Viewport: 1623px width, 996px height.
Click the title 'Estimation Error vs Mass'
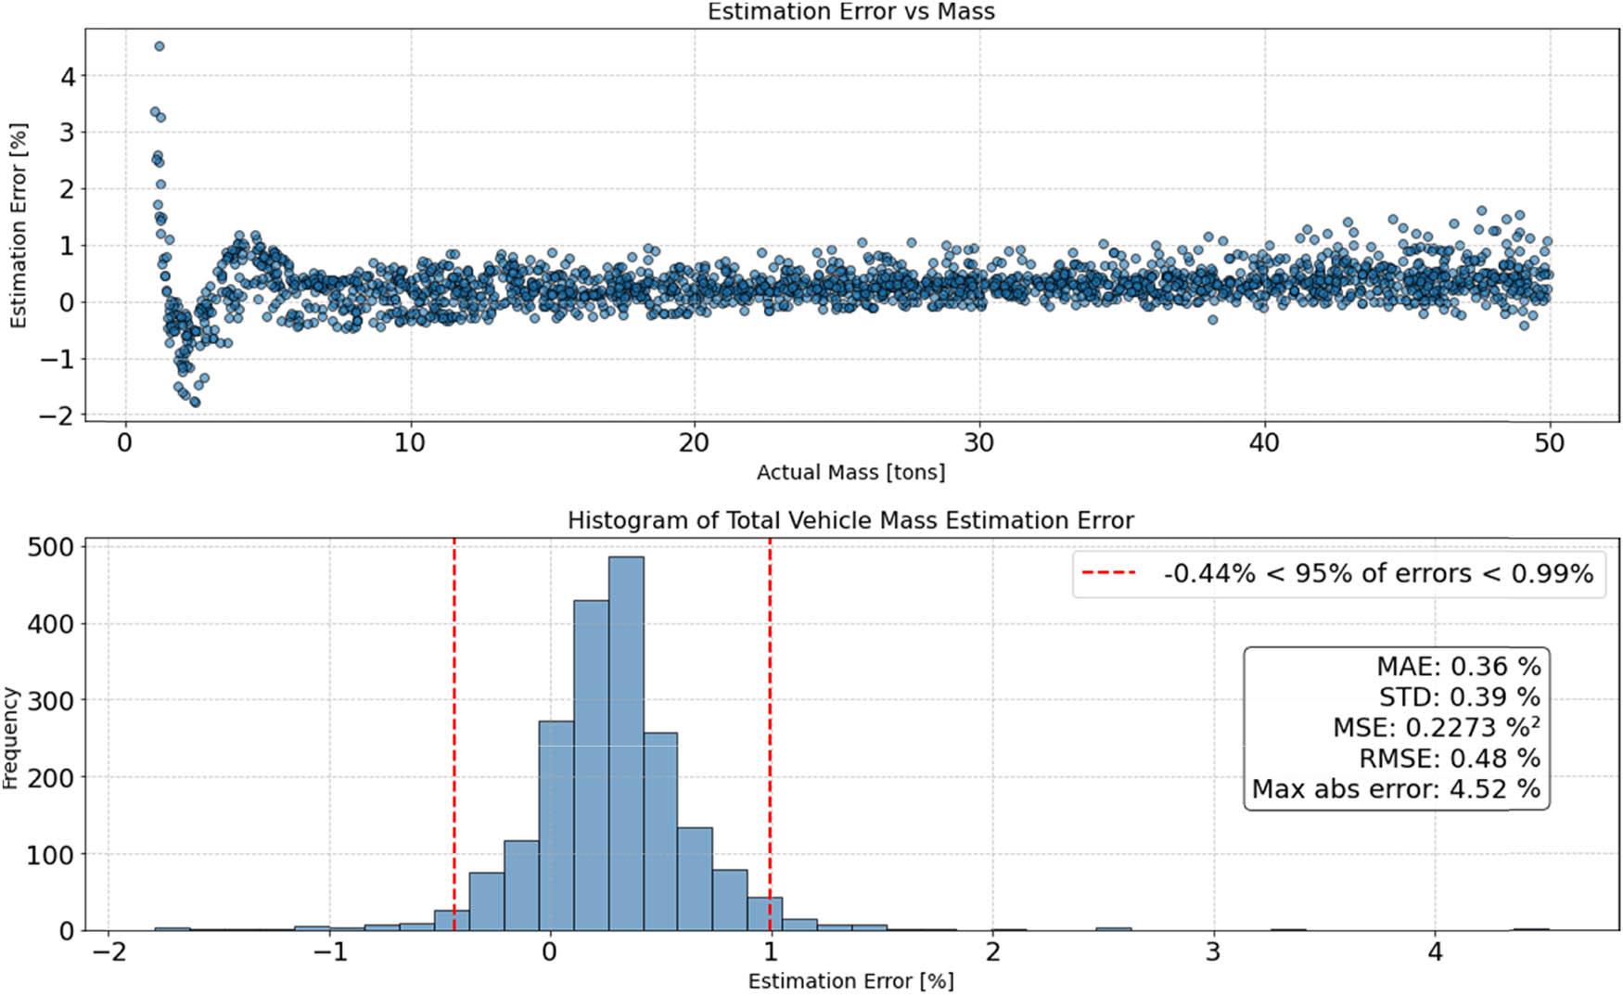[x=850, y=12]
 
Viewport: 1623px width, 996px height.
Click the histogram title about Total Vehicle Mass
[x=850, y=521]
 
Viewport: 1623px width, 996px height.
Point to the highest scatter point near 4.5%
[x=160, y=46]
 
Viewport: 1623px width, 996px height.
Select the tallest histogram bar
[x=626, y=742]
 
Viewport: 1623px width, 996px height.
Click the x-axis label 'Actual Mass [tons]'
[x=850, y=473]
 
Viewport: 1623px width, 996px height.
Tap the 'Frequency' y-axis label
[x=11, y=738]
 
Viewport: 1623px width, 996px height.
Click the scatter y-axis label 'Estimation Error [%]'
[x=19, y=225]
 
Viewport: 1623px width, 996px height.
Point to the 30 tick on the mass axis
[x=978, y=443]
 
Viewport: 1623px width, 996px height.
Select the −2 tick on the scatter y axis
[x=56, y=416]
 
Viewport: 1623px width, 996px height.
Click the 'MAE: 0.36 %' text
[x=1458, y=666]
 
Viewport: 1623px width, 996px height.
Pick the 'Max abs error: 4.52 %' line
[x=1396, y=789]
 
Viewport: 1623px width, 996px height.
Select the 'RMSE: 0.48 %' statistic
[x=1449, y=759]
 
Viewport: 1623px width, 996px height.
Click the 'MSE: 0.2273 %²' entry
[x=1436, y=727]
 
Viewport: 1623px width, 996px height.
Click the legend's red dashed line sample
[x=1109, y=573]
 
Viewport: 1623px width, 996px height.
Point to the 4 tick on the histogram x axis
[x=1435, y=952]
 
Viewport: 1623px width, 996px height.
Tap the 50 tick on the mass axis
[x=1548, y=443]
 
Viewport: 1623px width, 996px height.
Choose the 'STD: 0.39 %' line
[x=1459, y=696]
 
